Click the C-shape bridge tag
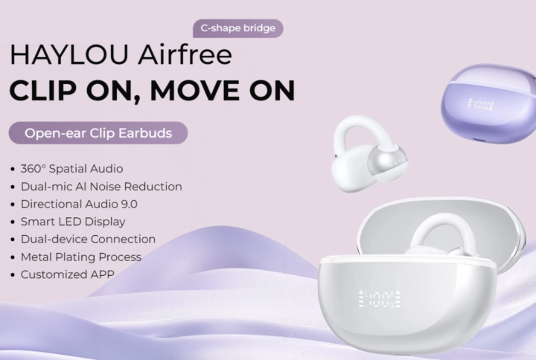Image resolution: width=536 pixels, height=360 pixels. point(238,28)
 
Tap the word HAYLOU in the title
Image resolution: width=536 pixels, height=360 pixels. point(69,54)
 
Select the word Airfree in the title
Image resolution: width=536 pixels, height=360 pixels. point(185,54)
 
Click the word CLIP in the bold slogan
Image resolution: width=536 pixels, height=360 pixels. point(43,91)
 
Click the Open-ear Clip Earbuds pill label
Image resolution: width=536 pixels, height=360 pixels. point(98,133)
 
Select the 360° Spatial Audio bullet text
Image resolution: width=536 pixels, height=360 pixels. point(71,169)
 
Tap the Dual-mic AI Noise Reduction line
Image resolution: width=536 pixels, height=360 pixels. point(101,187)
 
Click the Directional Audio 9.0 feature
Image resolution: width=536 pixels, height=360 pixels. point(79,205)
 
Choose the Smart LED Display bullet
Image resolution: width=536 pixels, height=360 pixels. point(73,222)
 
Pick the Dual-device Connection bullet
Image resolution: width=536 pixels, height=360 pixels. point(88,240)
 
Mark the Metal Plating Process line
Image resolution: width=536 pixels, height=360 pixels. point(81,257)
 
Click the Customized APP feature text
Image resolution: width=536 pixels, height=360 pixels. point(67,274)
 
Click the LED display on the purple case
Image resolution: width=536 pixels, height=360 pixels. point(481,105)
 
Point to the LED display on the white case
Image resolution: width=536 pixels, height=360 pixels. point(380,299)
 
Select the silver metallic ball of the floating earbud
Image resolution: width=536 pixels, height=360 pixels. point(387,162)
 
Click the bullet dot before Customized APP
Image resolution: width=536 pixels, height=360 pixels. point(13,275)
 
